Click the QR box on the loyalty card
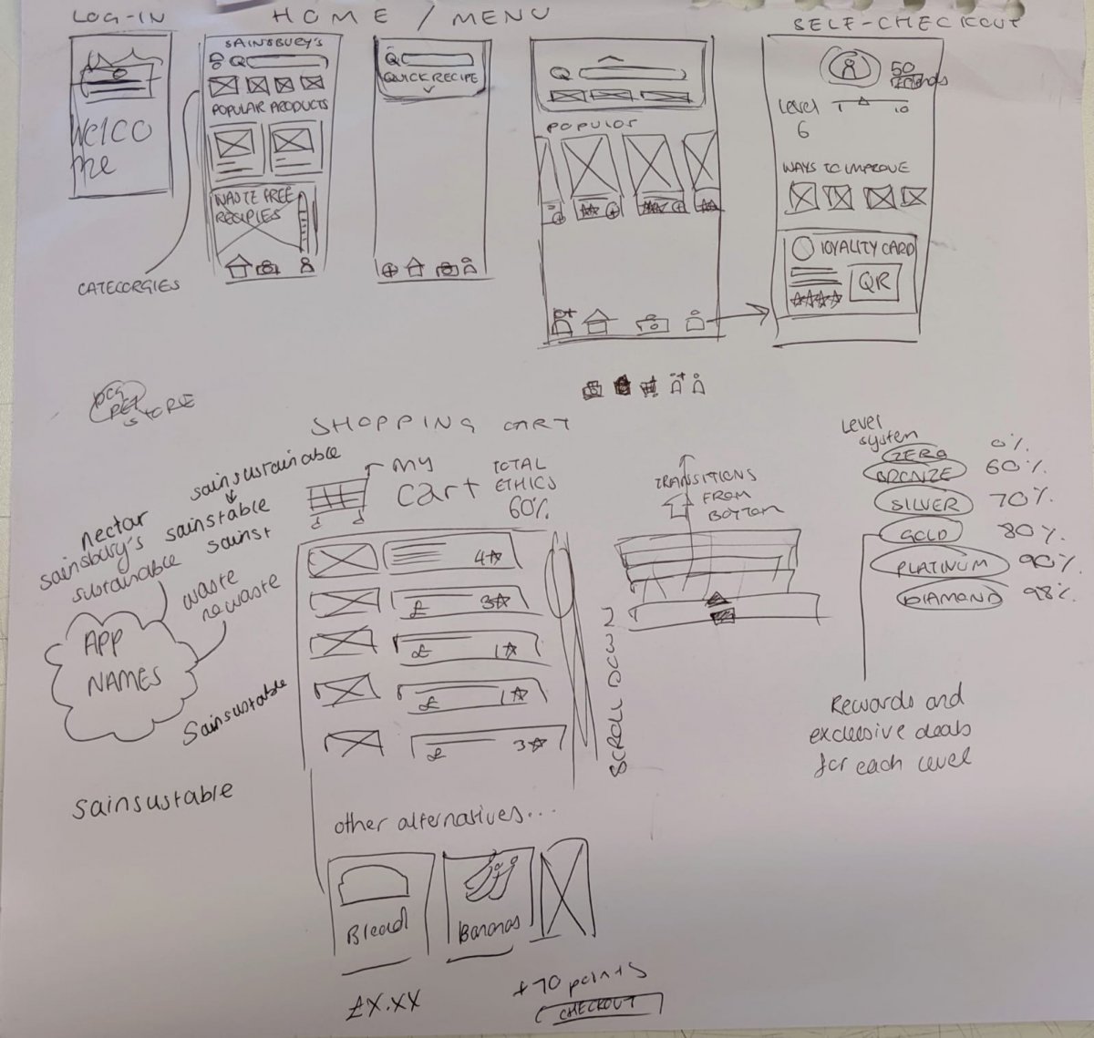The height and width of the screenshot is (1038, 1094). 872,283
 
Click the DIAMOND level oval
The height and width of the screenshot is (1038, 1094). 951,598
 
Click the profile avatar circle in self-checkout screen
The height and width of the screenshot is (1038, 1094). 849,67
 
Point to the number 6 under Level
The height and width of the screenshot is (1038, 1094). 802,130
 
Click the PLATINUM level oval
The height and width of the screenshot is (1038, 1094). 942,566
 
